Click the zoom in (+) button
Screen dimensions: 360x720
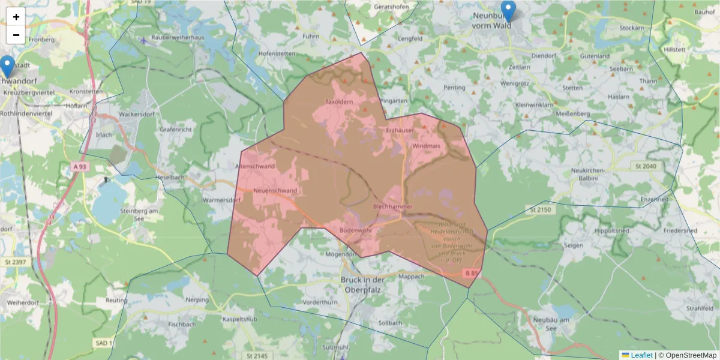tap(16, 17)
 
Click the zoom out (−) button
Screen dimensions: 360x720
tap(16, 35)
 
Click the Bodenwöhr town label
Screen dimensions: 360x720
tap(356, 230)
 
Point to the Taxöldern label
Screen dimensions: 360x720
tap(338, 102)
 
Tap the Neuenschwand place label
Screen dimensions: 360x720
tap(275, 191)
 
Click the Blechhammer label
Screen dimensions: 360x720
tap(392, 206)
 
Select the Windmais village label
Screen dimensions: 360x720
tap(427, 146)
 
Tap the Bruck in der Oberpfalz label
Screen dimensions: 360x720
tap(362, 284)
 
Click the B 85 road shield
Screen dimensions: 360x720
tap(473, 274)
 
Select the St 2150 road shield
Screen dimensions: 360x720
tap(540, 209)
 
